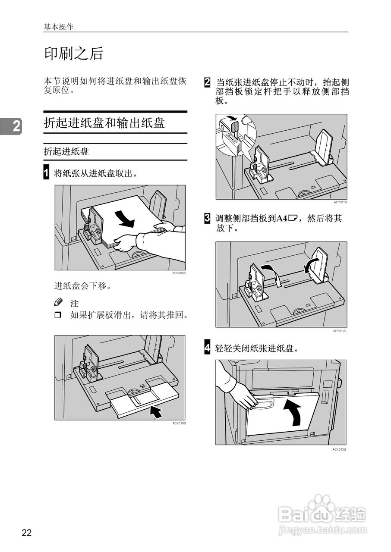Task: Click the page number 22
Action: click(x=27, y=533)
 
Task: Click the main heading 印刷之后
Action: click(x=74, y=54)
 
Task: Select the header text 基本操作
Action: click(x=58, y=27)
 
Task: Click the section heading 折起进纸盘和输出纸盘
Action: click(x=104, y=123)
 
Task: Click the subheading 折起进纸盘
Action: click(x=66, y=151)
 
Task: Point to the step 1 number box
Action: click(x=47, y=173)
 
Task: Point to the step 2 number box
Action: click(x=208, y=82)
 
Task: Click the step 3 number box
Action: click(x=208, y=219)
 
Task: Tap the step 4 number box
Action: click(x=208, y=348)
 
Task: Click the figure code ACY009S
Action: click(x=179, y=273)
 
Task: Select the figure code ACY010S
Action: click(x=179, y=423)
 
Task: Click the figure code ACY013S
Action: click(x=339, y=449)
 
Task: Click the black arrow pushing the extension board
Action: click(x=156, y=411)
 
